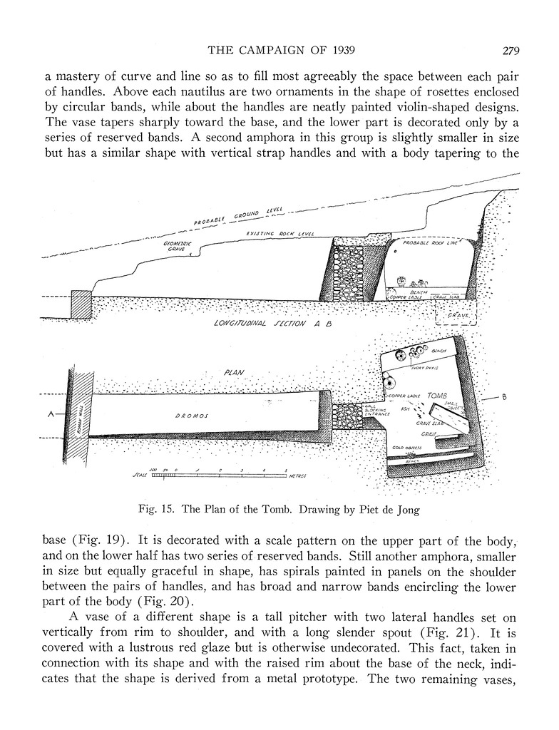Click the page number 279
511,51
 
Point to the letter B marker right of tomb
503,396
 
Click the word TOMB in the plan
438,396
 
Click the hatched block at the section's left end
81,305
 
